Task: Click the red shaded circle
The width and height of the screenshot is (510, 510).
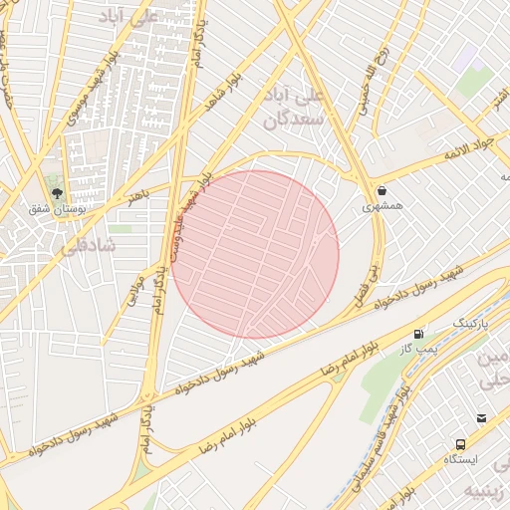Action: pyautogui.click(x=255, y=254)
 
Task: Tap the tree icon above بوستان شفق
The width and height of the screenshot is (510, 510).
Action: pyautogui.click(x=55, y=192)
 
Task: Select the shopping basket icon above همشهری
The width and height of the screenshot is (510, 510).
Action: pyautogui.click(x=382, y=190)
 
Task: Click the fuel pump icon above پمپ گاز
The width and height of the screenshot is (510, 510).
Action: pyautogui.click(x=418, y=334)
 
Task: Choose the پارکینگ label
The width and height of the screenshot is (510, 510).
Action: pyautogui.click(x=472, y=324)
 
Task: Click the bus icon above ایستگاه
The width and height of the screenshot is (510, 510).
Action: pyautogui.click(x=460, y=444)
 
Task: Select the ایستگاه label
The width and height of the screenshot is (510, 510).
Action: pyautogui.click(x=460, y=460)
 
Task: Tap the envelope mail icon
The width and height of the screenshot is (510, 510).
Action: pyautogui.click(x=482, y=418)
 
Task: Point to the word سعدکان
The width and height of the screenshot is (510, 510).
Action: pyautogui.click(x=289, y=122)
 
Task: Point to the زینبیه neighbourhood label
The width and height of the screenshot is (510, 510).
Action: pyautogui.click(x=487, y=491)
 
